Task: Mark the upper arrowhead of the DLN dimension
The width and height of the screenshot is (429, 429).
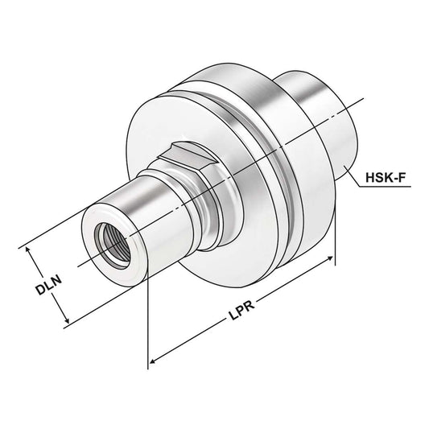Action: tap(32, 252)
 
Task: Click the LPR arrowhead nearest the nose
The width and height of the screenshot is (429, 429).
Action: tap(153, 361)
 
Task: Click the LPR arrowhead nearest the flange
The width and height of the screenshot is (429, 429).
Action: tap(330, 260)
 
